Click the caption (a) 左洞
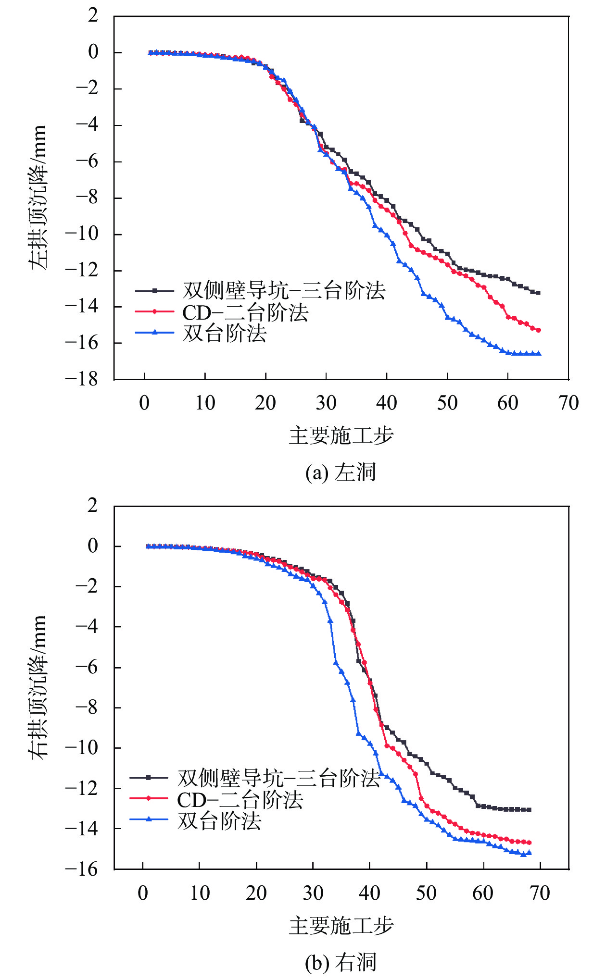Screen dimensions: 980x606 coord(341,472)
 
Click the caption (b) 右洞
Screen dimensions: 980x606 coord(341,962)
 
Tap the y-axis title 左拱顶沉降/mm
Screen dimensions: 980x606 coord(38,197)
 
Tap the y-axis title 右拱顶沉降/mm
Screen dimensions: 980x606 coord(38,687)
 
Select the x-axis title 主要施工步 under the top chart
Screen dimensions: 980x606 coord(341,436)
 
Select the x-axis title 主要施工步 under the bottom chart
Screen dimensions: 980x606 coord(341,926)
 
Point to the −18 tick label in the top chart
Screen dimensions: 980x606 coord(82,379)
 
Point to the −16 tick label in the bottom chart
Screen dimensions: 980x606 coord(82,869)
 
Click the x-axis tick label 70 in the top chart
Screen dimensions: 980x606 coord(568,403)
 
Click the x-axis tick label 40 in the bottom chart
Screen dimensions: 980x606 coord(369,893)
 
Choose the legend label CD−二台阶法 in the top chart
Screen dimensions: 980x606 coord(245,312)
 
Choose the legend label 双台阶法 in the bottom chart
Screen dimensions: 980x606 coord(219,821)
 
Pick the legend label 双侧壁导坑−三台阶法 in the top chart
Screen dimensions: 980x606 coord(284,290)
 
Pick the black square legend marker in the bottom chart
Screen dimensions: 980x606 coord(149,777)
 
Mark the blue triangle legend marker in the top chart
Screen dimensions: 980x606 coord(154,332)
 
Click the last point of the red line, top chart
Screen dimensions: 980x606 coord(538,330)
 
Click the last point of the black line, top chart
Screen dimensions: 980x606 coord(538,293)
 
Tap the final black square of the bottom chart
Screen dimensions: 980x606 coord(529,810)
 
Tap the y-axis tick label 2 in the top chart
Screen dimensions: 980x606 coord(93,16)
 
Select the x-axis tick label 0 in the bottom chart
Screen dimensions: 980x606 coord(143,893)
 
